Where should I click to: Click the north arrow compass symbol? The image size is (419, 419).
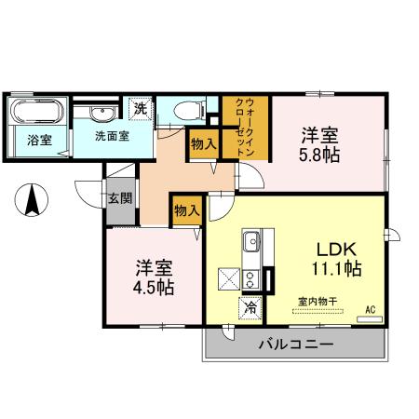[30, 197]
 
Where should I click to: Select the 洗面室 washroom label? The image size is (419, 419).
[111, 136]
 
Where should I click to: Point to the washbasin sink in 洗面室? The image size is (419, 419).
[103, 114]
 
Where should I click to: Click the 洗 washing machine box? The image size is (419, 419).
[140, 108]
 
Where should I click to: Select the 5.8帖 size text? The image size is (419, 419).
[318, 154]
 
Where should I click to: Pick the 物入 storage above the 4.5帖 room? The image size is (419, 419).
[186, 210]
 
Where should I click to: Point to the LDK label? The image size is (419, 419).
[336, 249]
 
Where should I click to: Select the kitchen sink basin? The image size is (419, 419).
[251, 244]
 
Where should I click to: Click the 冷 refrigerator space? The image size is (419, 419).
[250, 304]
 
